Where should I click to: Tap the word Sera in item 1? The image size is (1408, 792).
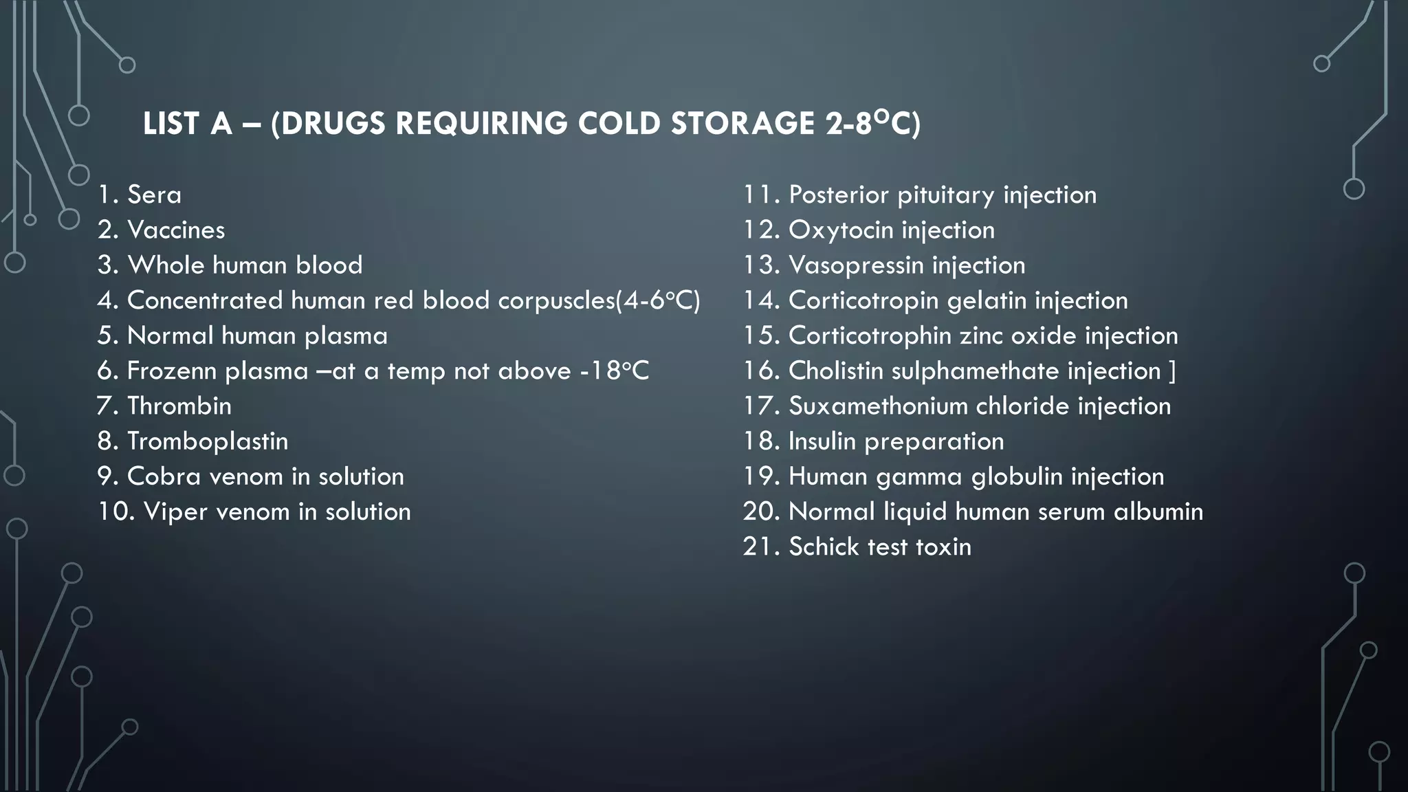pos(154,195)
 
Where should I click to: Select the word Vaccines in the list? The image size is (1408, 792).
pos(176,230)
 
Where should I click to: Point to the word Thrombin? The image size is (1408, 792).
pos(179,406)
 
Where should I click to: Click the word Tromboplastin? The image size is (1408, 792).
pos(208,441)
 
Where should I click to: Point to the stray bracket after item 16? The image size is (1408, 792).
pos(1172,371)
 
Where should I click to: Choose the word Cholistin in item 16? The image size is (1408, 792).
pos(835,371)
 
